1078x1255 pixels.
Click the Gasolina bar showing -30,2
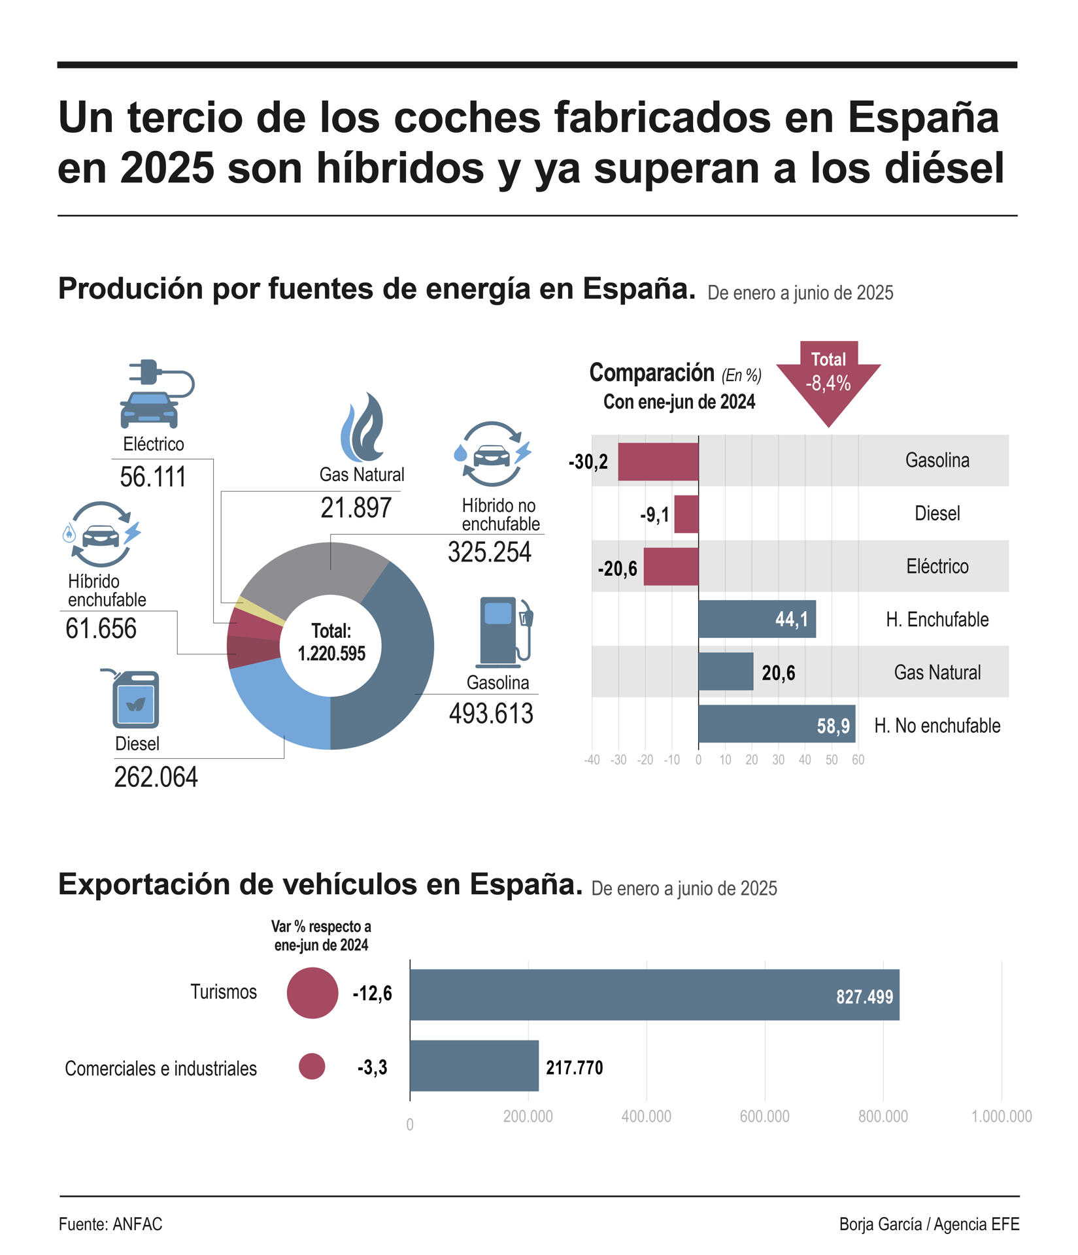(x=658, y=461)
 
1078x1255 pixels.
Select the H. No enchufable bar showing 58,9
(x=776, y=724)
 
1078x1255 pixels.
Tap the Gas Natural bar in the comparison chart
(x=725, y=671)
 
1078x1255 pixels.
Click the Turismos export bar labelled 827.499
(x=654, y=995)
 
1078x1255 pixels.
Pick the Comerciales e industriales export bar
(x=474, y=1066)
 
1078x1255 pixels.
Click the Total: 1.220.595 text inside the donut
(x=331, y=643)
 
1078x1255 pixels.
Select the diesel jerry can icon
(x=135, y=699)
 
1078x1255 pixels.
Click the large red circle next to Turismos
(x=312, y=993)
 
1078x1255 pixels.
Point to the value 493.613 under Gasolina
(x=491, y=714)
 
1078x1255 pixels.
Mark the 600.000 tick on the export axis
(x=764, y=1116)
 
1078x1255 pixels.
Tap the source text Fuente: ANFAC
(x=110, y=1224)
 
